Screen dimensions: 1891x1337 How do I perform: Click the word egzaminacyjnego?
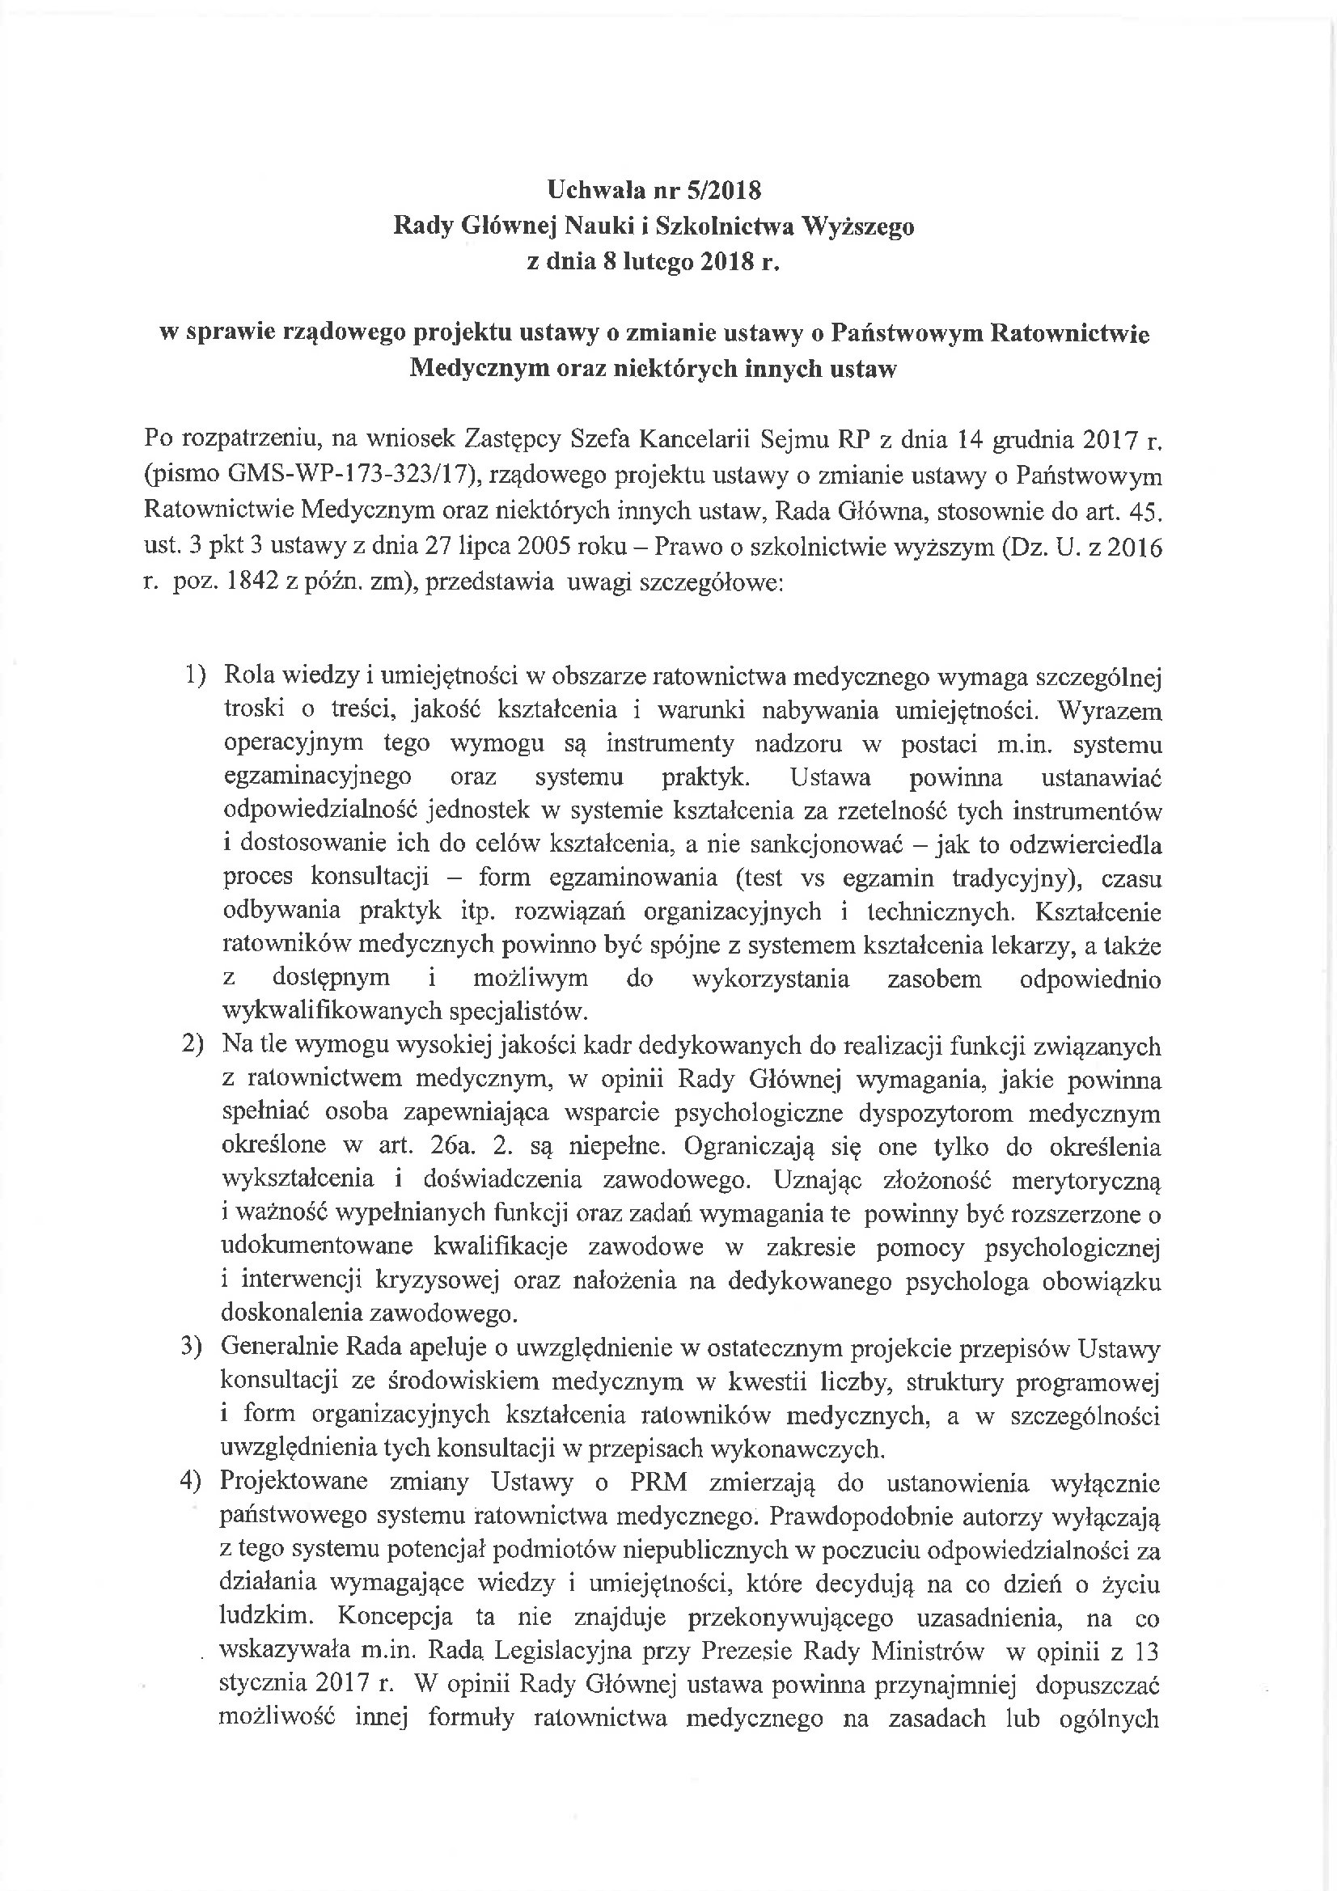tap(317, 777)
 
